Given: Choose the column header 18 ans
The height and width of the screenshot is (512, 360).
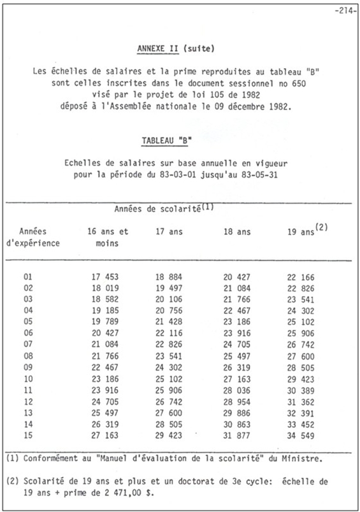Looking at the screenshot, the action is (x=236, y=232).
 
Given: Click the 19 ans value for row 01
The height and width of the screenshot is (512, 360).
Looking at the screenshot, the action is (x=301, y=277).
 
